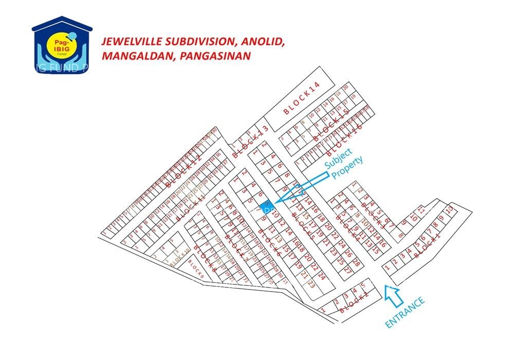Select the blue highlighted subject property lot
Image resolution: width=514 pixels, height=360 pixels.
click(266, 206)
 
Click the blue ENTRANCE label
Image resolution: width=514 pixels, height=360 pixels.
click(406, 313)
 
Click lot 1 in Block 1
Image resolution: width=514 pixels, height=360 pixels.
click(387, 267)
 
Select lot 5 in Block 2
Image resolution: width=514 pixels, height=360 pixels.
click(363, 285)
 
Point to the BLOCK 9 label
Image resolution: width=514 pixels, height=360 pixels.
click(196, 269)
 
